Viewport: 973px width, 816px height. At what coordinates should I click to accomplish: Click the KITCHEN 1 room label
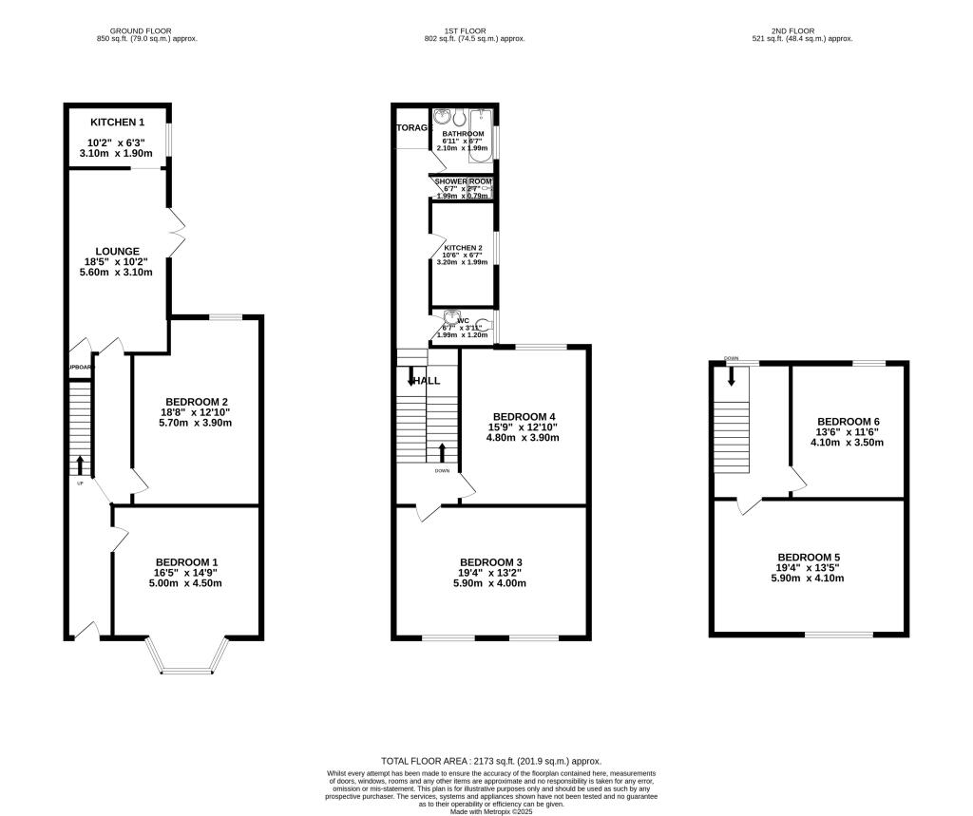(118, 123)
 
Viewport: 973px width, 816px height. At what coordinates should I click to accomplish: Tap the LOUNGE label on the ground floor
(118, 252)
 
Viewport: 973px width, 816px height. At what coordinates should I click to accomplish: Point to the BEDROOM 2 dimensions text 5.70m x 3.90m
(195, 423)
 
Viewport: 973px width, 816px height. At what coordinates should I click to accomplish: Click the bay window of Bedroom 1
(188, 657)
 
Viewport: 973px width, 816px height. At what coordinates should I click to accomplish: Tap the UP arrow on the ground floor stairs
(80, 465)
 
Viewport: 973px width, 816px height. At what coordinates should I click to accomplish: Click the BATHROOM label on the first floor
(462, 134)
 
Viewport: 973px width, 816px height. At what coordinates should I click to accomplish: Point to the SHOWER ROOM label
(463, 180)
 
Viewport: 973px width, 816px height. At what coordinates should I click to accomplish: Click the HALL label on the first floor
(426, 380)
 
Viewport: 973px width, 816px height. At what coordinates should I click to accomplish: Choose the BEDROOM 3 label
(489, 562)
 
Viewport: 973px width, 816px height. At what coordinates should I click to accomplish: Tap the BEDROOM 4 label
(524, 417)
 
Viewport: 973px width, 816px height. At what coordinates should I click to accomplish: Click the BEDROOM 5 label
(809, 558)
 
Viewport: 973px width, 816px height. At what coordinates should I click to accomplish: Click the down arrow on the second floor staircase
(732, 376)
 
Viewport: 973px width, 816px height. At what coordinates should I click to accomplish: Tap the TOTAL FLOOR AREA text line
(491, 761)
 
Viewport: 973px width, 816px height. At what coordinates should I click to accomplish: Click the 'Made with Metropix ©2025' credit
(491, 810)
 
